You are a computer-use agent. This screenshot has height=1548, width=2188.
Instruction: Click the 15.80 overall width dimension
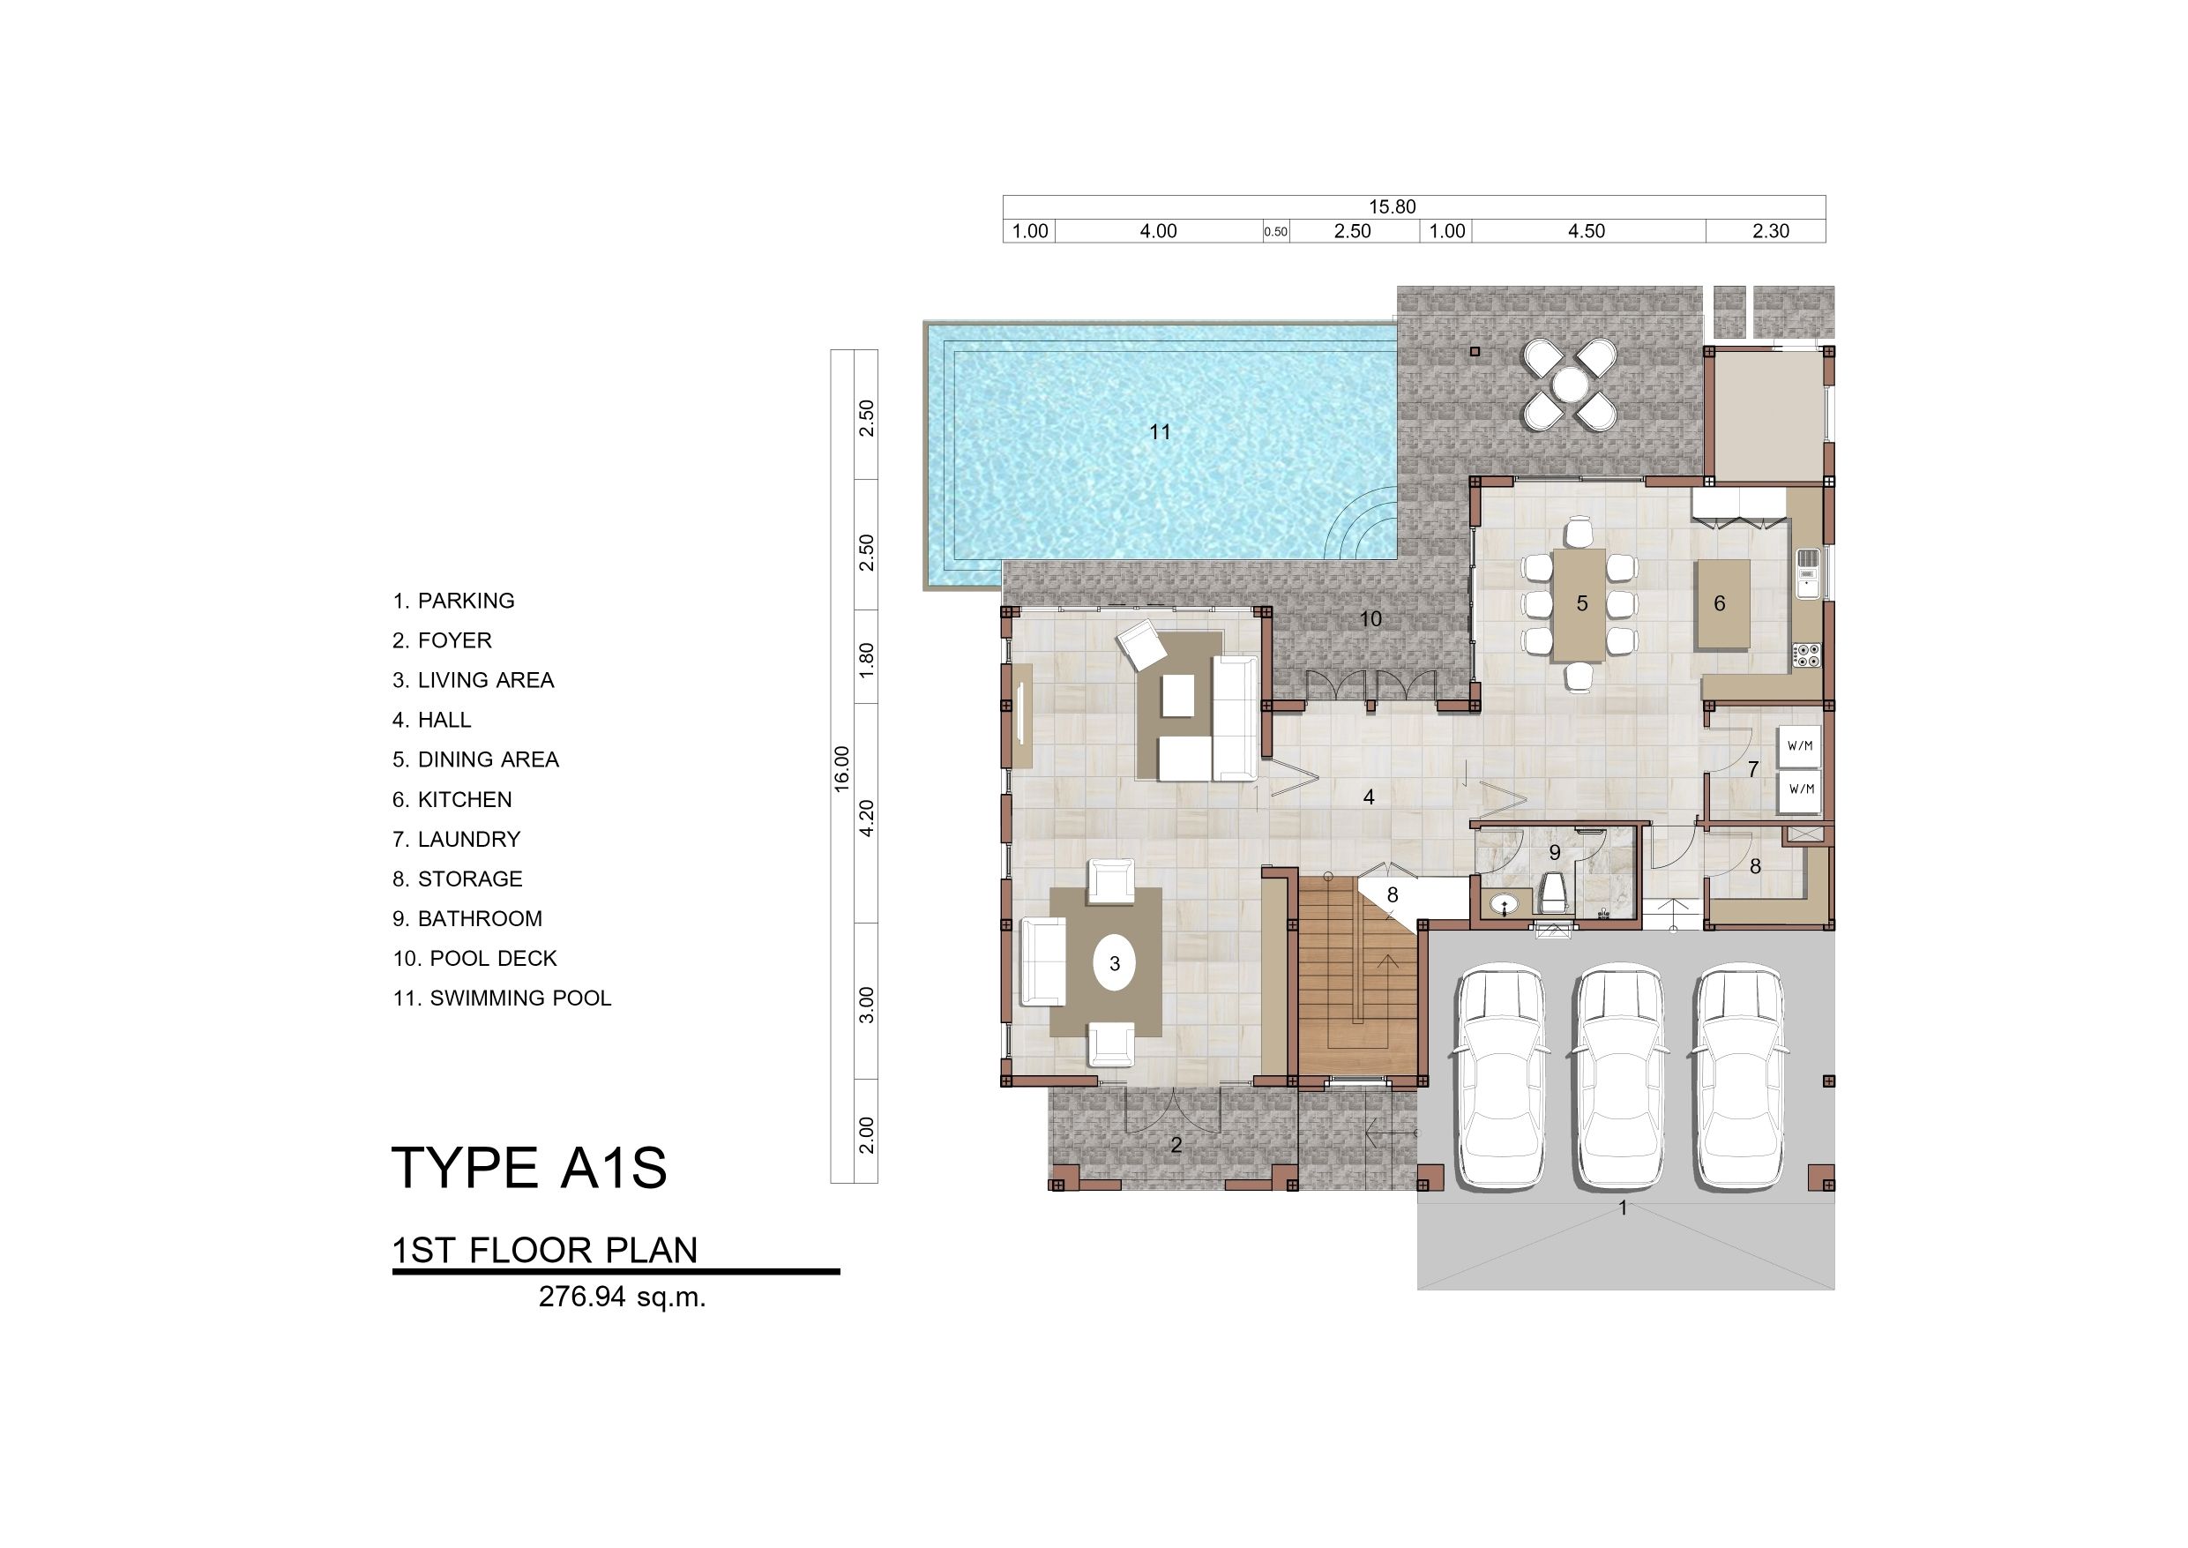tap(1393, 207)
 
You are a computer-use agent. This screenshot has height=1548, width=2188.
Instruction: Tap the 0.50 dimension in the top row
tap(1275, 232)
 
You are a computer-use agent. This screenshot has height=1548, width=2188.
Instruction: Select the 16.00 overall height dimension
tap(841, 768)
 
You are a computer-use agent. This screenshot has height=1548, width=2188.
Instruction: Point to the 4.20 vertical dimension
tap(866, 819)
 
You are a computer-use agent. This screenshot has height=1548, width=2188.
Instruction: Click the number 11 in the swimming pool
tap(1160, 432)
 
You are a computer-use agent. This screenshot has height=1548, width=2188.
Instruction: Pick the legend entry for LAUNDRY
tap(457, 839)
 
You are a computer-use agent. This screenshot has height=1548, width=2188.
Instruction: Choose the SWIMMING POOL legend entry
tap(502, 998)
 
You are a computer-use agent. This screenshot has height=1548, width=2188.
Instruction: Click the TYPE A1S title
tap(530, 1168)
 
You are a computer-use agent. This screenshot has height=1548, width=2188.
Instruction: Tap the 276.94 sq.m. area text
tap(623, 1297)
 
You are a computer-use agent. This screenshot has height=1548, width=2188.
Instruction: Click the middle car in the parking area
tap(1618, 1080)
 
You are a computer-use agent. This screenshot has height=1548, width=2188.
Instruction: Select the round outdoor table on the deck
tap(1570, 385)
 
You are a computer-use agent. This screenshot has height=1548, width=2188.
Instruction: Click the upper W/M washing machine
tap(1800, 746)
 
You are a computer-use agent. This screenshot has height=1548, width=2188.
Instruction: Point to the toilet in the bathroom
tap(1554, 896)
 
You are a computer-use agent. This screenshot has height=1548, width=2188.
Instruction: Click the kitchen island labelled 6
tap(1721, 604)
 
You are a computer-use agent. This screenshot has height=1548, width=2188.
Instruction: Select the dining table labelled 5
tap(1579, 604)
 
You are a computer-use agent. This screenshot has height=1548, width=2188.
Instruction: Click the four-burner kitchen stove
tap(1807, 654)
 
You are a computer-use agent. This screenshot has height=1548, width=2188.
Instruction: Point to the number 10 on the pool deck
tap(1370, 619)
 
